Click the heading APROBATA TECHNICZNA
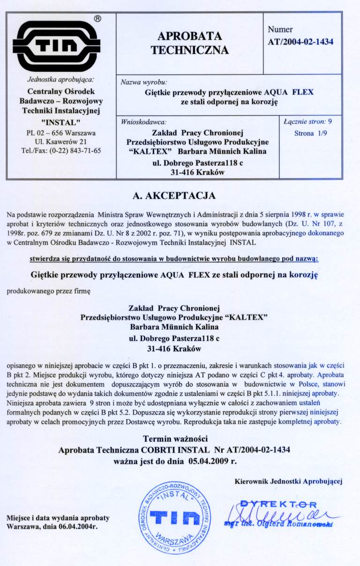(189, 44)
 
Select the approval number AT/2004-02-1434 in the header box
(300, 42)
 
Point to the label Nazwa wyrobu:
(141, 82)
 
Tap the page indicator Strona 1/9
(310, 134)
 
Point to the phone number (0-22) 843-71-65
(73, 151)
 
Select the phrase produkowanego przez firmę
(48, 291)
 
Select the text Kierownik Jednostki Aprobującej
(288, 481)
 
